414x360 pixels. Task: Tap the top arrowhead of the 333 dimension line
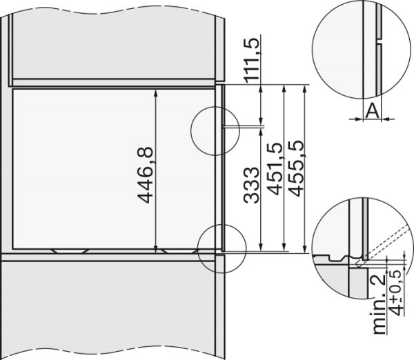[262, 130]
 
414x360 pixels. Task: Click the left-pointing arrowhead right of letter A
[384, 119]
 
